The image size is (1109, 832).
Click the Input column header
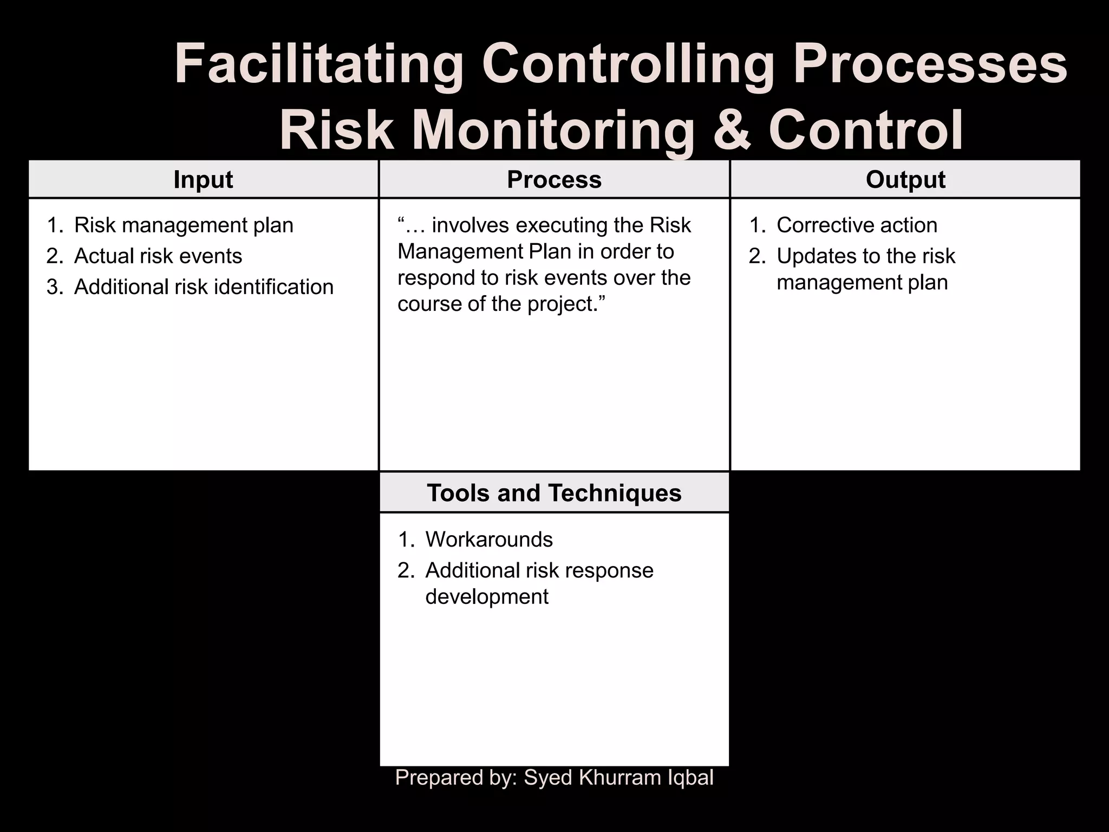pyautogui.click(x=203, y=180)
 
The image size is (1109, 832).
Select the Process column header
pyautogui.click(x=554, y=180)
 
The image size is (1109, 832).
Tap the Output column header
pyautogui.click(x=905, y=180)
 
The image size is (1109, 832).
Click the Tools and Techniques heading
pyautogui.click(x=554, y=493)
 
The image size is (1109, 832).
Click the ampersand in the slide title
pyautogui.click(x=732, y=130)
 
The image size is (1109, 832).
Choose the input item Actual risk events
pyautogui.click(x=158, y=256)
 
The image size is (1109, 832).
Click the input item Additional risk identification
pyautogui.click(x=204, y=287)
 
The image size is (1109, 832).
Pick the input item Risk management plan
pyautogui.click(x=184, y=225)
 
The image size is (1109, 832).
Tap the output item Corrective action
pyautogui.click(x=857, y=225)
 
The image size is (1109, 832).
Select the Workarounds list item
pyautogui.click(x=489, y=539)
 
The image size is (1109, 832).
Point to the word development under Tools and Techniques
pyautogui.click(x=487, y=597)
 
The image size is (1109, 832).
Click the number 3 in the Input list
pyautogui.click(x=53, y=287)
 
